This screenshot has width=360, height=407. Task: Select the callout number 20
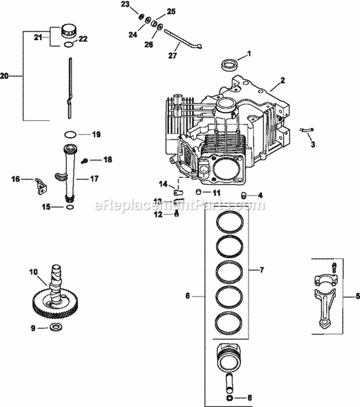5,75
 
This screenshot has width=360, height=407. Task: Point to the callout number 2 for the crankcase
283,80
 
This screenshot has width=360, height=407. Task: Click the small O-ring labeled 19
70,135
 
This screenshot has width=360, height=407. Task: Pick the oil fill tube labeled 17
70,173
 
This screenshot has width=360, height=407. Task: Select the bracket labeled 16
40,185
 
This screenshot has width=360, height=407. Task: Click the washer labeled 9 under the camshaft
56,328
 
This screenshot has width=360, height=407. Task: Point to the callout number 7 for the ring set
262,270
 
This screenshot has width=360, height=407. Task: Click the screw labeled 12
177,213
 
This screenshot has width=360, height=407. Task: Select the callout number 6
188,297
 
